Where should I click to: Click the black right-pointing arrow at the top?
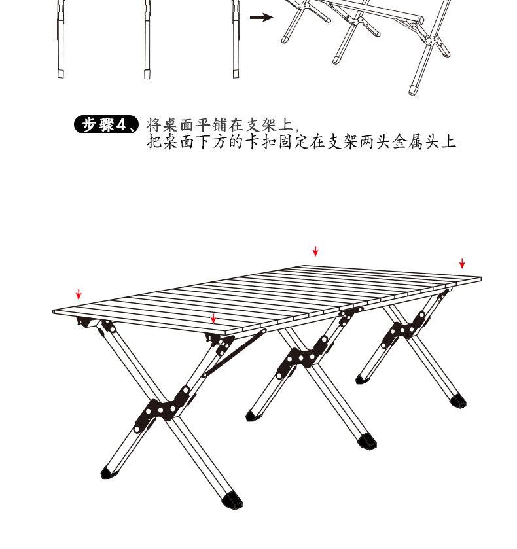261,18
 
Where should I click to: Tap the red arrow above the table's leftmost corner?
79,294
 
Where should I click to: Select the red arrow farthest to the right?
462,263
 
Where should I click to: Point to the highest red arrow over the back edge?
315,251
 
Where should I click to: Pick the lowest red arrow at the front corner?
213,319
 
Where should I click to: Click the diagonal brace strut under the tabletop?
234,353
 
